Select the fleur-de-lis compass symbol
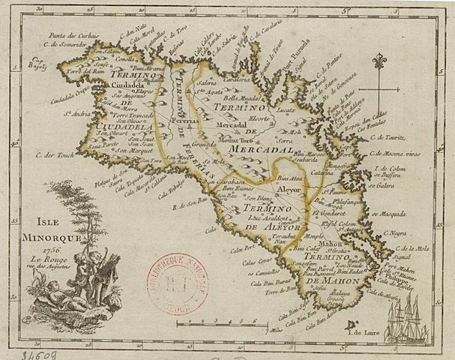point(382,59)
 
